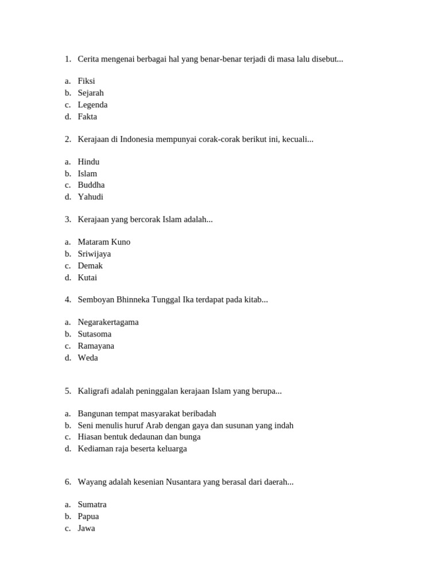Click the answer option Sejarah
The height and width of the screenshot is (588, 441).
click(91, 93)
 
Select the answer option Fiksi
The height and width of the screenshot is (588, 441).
click(86, 81)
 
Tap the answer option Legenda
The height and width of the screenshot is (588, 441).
click(92, 105)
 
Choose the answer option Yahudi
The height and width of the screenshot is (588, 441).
click(91, 197)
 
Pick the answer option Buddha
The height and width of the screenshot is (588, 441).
click(91, 185)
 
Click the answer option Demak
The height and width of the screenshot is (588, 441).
click(90, 266)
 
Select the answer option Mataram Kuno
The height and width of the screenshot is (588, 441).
click(104, 242)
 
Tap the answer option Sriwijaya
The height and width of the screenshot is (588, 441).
click(94, 254)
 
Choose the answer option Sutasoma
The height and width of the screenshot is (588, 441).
click(95, 334)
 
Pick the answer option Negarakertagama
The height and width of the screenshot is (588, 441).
click(108, 322)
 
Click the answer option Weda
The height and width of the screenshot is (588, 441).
click(88, 358)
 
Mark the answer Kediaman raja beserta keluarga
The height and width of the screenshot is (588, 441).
click(132, 448)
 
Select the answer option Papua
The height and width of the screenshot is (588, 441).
click(88, 516)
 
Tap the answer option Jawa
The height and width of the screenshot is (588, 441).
click(86, 528)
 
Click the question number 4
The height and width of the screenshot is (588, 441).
click(68, 299)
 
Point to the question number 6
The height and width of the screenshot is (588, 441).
click(68, 482)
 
